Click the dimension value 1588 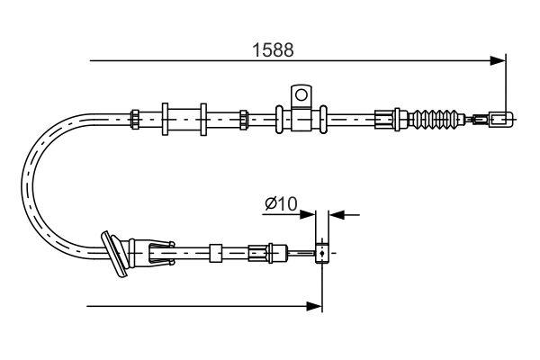coord(272,50)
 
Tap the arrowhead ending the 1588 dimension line coord(498,61)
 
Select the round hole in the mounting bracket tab coord(300,93)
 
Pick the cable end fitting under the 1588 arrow coord(500,118)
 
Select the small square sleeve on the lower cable coord(215,253)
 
